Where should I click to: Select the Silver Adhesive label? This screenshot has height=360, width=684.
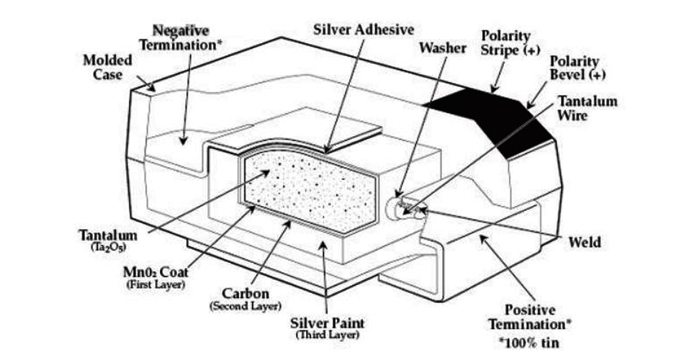pos(364,30)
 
